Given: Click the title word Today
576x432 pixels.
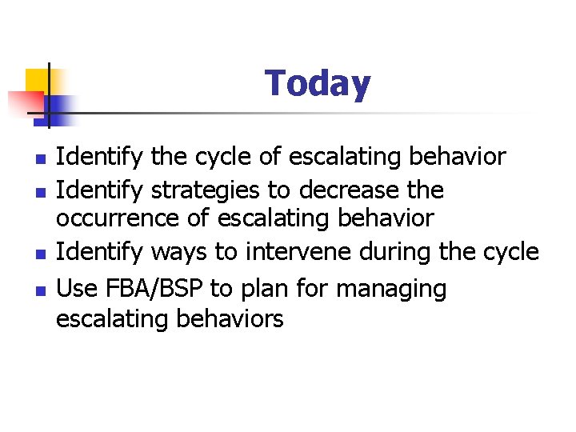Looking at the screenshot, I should [318, 83].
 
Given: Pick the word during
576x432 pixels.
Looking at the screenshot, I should [398, 253].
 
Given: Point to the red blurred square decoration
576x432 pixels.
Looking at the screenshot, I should [24, 102].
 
